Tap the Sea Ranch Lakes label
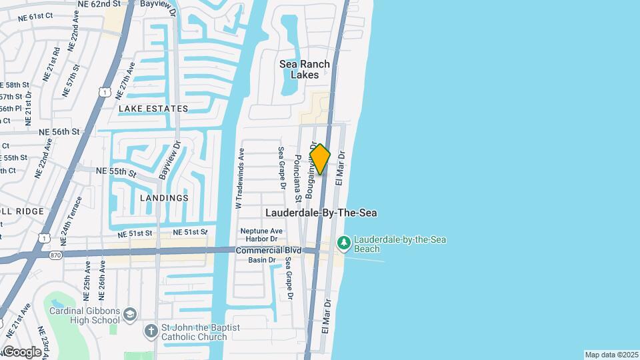pos(305,69)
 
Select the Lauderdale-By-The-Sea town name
pos(321,213)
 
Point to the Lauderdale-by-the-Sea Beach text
pos(400,244)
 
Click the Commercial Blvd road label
pos(269,250)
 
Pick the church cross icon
pos(152,331)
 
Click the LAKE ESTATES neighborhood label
pos(153,108)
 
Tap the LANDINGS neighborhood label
pos(164,198)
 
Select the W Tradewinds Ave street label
pos(239,178)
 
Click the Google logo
pos(22,351)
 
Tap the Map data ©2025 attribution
pos(611,355)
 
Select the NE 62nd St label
pos(99,4)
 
